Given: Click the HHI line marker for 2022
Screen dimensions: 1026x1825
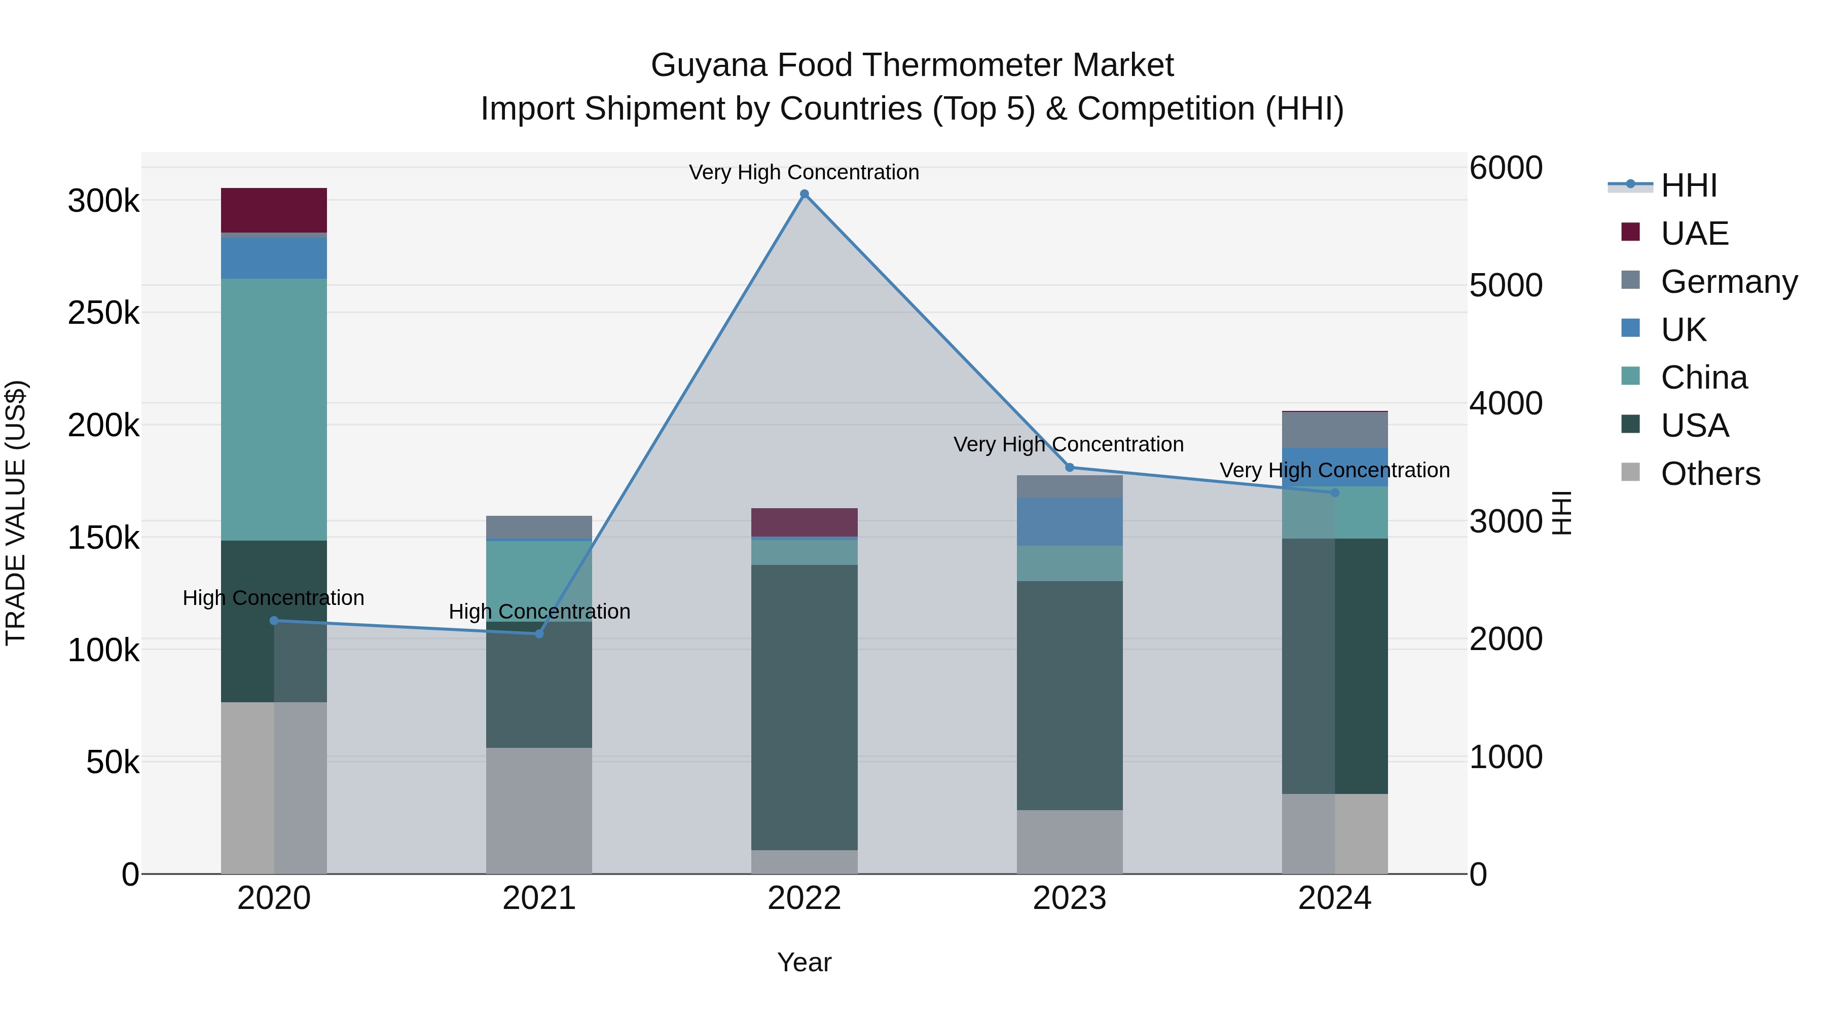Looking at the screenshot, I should (x=804, y=194).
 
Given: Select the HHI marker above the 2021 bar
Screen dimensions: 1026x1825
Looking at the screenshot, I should (x=539, y=634).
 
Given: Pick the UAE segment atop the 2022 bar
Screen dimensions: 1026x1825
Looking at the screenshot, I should (x=804, y=522).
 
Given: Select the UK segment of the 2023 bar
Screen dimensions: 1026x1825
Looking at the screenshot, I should (x=1069, y=521).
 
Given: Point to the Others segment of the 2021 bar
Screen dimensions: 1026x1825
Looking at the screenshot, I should (x=539, y=810).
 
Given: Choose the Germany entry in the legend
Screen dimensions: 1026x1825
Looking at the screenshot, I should (x=1729, y=282).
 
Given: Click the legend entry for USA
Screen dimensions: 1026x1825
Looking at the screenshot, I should (x=1695, y=426).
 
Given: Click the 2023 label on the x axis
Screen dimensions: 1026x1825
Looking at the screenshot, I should (x=1069, y=898).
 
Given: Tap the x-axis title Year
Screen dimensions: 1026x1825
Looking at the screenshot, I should (x=804, y=962).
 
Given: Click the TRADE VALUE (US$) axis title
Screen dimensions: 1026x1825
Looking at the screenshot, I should (x=16, y=513).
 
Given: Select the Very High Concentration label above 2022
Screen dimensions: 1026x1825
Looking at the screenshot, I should (x=804, y=172).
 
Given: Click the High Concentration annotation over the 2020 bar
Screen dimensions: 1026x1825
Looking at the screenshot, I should (x=273, y=598).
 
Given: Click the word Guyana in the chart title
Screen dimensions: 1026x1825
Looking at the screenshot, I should (x=709, y=65).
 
